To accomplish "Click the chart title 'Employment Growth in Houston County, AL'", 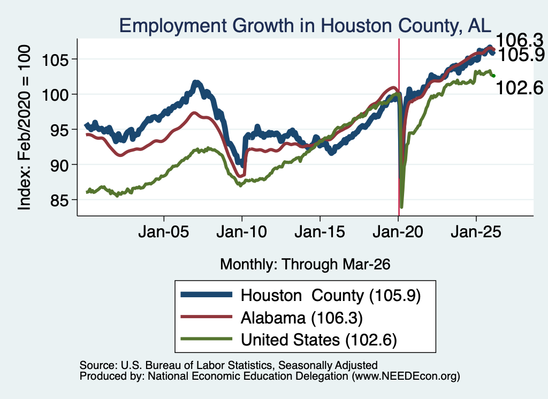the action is coord(305,26).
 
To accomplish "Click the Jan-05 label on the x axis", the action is coord(164,231).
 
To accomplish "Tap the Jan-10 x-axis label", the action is coord(241,231).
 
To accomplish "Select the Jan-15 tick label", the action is coord(320,231).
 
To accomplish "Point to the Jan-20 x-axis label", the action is coord(398,231).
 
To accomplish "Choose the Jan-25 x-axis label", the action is coord(476,231).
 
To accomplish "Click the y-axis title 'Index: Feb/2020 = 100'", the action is coord(24,127).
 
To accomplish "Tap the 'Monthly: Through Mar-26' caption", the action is coord(305,265).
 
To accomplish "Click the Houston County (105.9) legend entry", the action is coord(301,296).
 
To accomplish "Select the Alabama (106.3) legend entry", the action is coord(271,318).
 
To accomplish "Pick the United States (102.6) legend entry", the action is coord(288,340).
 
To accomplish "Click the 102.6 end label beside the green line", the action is coord(520,87).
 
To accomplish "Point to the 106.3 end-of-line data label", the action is coord(520,40).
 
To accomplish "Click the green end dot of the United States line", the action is coord(493,76).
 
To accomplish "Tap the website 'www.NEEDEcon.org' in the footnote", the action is coord(406,376).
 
